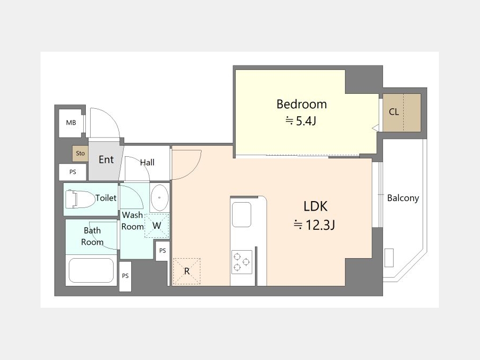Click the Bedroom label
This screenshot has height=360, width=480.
(301, 104)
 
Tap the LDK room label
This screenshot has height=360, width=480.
(315, 206)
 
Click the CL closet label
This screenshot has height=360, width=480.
(394, 112)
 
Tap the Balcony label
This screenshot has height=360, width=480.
(403, 198)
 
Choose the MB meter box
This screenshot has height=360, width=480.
(71, 123)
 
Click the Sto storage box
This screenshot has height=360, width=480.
(80, 154)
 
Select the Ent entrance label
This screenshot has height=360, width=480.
(106, 159)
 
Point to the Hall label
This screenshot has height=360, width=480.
(147, 162)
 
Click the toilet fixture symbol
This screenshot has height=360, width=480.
(79, 199)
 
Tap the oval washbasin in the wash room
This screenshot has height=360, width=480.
(159, 198)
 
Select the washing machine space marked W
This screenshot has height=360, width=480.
(156, 226)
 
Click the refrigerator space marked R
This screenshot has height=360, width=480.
(187, 271)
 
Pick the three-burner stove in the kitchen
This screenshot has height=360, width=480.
(242, 262)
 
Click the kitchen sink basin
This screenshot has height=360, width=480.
(242, 214)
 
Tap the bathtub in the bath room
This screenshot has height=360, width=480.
(91, 270)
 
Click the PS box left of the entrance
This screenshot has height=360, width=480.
(73, 172)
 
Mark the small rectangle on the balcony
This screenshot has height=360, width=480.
(389, 258)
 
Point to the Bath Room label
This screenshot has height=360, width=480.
(92, 236)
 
